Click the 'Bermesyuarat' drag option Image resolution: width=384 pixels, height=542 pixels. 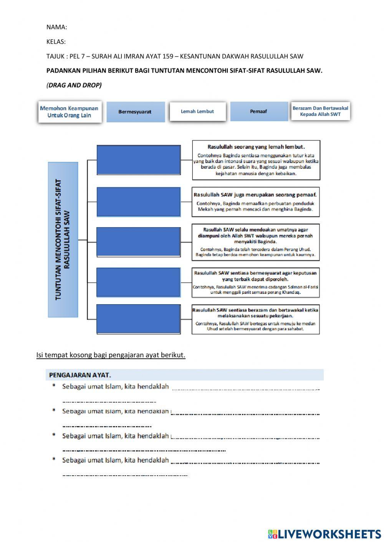pos(135,112)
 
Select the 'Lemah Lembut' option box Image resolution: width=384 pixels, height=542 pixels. pos(197,111)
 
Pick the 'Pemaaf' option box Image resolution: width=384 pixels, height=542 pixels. pos(258,111)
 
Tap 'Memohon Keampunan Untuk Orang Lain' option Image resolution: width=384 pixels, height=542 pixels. pos(70,112)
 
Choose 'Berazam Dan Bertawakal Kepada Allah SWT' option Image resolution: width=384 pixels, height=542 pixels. pos(320,111)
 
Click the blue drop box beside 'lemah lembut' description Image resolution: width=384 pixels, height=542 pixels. pos(139,160)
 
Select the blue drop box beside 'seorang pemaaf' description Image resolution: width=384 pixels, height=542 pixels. pos(139,202)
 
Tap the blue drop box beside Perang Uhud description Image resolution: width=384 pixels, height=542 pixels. pos(139,242)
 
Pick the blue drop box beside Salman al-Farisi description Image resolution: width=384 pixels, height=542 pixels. pos(139,282)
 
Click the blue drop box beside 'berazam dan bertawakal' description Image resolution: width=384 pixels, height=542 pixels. pos(139,319)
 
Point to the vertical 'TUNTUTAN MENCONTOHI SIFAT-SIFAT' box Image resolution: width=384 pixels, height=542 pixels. pos(63,240)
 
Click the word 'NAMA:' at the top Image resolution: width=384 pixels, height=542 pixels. pos(56,27)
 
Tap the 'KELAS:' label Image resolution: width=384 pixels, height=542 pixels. pos(56,41)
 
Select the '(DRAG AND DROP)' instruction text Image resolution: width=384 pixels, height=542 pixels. pos(74,85)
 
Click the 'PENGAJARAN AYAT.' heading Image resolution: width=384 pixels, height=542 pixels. pos(80,375)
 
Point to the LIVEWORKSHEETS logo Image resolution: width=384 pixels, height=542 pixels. pos(324,534)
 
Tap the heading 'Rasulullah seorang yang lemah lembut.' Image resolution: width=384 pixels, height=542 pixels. pos(256,147)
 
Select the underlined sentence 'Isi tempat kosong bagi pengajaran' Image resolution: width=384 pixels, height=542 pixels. pos(111,355)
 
